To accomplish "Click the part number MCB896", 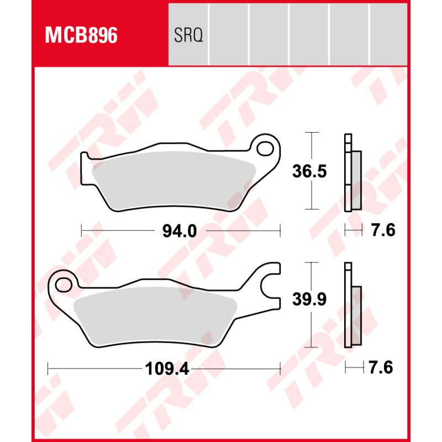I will tap(81, 36).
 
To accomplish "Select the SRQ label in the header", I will tap(188, 36).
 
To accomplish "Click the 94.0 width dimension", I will tap(179, 231).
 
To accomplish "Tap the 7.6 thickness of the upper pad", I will tap(383, 230).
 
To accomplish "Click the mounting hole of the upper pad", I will tap(266, 149).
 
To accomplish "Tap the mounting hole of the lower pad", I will tap(63, 285).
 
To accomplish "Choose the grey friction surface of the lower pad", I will tap(155, 318).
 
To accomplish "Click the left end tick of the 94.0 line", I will tap(81, 230).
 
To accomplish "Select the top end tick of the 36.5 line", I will tap(313, 133).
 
